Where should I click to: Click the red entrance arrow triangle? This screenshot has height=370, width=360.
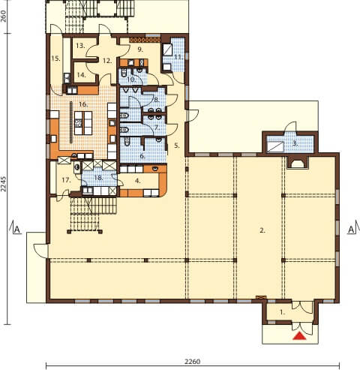[299, 336]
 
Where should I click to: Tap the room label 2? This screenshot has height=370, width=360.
[262, 230]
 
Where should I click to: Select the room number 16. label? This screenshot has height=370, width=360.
[83, 104]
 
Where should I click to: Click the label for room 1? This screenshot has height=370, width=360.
[283, 312]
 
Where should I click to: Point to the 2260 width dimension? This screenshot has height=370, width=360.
[193, 362]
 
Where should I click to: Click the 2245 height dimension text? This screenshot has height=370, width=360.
[4, 184]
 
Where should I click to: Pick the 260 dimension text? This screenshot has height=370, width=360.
[4, 17]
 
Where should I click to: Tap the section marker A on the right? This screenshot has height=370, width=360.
[351, 230]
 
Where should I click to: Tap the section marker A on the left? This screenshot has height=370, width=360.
[16, 230]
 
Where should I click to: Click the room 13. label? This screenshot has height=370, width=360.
[80, 46]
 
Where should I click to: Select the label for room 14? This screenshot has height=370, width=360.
[82, 74]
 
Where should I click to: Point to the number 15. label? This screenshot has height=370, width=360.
[56, 59]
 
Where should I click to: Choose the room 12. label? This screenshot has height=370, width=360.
[107, 61]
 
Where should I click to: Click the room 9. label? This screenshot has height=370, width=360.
[140, 50]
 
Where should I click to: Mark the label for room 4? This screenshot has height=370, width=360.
[138, 180]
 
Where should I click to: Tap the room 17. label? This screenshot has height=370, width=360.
[66, 180]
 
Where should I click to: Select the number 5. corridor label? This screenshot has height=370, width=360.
[177, 146]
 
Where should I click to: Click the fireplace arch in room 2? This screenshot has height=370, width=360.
[297, 163]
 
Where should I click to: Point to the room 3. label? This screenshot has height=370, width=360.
[295, 143]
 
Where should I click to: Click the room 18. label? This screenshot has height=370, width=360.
[99, 178]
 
